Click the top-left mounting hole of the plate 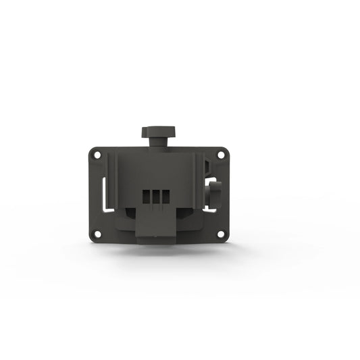97,155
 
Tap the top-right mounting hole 220,155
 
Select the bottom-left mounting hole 97,234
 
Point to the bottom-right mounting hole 220,234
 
